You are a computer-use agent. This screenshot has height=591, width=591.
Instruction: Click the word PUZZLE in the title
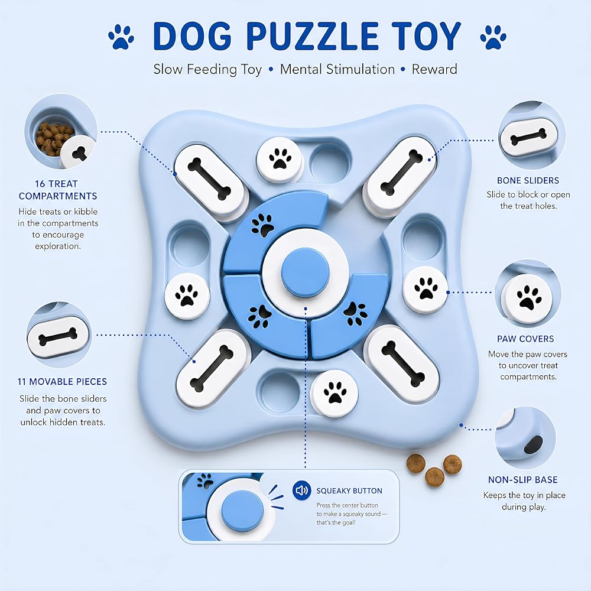click(x=313, y=36)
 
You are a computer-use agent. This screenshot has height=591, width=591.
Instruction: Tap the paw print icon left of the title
click(x=121, y=37)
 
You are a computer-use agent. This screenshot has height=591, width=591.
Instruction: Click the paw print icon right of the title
click(x=493, y=37)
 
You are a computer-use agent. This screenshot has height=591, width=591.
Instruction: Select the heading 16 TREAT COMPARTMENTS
click(x=58, y=190)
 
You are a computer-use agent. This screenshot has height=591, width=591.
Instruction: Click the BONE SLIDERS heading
click(x=528, y=180)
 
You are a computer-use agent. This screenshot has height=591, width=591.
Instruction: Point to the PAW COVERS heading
click(x=525, y=339)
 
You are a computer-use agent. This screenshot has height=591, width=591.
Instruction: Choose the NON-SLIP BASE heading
click(x=523, y=480)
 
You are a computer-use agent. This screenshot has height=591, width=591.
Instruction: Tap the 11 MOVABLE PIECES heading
click(x=62, y=382)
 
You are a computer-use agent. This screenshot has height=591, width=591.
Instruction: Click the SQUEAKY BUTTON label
click(x=349, y=491)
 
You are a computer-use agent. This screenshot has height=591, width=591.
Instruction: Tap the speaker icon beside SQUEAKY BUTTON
click(x=301, y=491)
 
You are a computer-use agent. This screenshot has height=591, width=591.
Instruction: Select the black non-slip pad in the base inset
click(x=533, y=445)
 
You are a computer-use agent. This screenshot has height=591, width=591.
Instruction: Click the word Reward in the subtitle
click(x=434, y=69)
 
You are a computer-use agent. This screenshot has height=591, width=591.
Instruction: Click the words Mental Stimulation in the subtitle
click(x=337, y=69)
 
